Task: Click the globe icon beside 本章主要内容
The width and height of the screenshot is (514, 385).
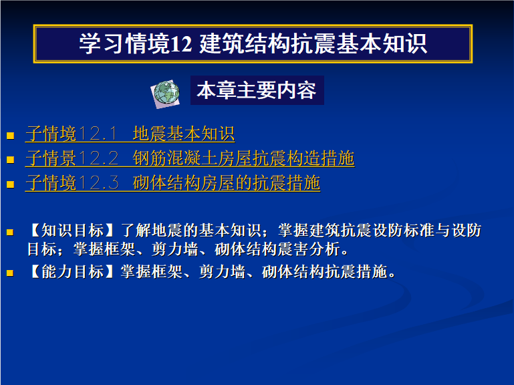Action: tap(166, 94)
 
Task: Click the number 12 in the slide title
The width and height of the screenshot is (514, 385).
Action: tap(181, 44)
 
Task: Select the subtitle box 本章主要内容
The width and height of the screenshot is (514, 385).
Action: tap(257, 90)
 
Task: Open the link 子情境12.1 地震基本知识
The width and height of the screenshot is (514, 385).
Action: tap(130, 134)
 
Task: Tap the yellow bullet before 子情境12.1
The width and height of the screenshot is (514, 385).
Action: tap(10, 136)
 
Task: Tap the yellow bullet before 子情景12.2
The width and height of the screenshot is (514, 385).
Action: tap(10, 160)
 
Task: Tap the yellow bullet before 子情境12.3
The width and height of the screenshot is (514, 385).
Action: tap(10, 184)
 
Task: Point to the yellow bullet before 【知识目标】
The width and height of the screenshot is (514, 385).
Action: tap(10, 233)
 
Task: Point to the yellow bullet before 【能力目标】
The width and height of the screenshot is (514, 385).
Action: tap(10, 273)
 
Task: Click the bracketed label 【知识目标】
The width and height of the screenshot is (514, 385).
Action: tap(72, 230)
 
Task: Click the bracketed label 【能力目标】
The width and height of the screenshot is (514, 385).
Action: tap(72, 271)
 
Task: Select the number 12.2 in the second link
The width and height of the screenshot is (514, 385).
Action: tap(99, 158)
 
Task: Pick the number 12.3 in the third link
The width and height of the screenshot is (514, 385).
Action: tap(99, 183)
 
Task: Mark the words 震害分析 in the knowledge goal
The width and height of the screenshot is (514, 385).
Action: tap(308, 249)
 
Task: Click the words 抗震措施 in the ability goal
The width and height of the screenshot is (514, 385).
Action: tap(356, 271)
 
